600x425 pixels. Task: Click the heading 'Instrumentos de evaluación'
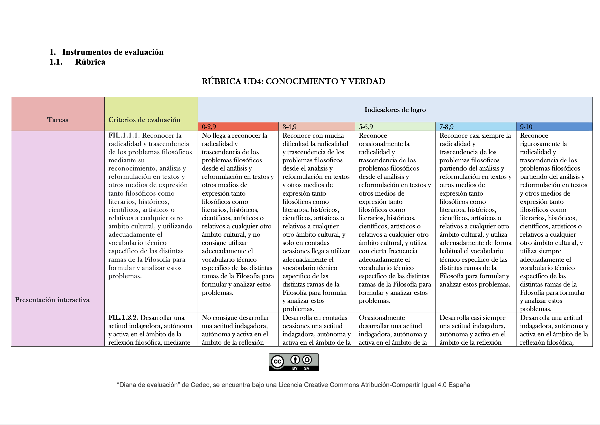pyautogui.click(x=113, y=52)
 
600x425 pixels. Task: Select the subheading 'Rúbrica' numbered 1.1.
pyautogui.click(x=90, y=62)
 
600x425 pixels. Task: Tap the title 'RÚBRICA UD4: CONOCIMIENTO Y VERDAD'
pyautogui.click(x=293, y=81)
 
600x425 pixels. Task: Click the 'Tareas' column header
pyautogui.click(x=58, y=120)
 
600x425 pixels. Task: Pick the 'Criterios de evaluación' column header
pyautogui.click(x=144, y=120)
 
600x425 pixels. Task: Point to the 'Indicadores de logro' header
pyautogui.click(x=395, y=110)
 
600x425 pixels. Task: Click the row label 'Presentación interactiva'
pyautogui.click(x=52, y=300)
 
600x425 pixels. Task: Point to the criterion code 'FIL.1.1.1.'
pyautogui.click(x=124, y=136)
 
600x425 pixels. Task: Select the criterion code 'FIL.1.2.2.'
pyautogui.click(x=123, y=318)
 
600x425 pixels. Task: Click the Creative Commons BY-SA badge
pyautogui.click(x=294, y=362)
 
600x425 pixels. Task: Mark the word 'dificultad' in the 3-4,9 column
pyautogui.click(x=296, y=144)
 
